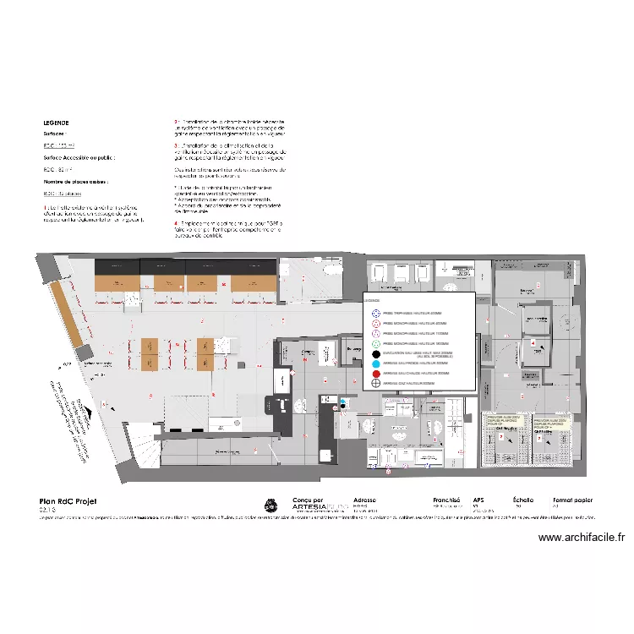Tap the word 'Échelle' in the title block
tap(524, 500)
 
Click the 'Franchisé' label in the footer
tap(446, 500)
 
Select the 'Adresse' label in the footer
tap(365, 500)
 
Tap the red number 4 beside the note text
tap(174, 223)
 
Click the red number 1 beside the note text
tap(174, 123)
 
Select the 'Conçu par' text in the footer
tap(307, 500)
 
